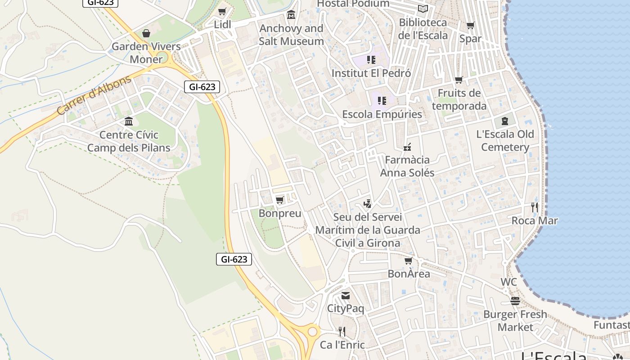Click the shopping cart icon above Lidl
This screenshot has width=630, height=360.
click(x=222, y=11)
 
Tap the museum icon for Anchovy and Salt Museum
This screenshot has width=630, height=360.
click(x=291, y=15)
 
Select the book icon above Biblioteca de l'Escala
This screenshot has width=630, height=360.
click(x=423, y=9)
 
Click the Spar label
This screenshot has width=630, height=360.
click(x=470, y=39)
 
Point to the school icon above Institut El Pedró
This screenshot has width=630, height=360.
click(x=371, y=59)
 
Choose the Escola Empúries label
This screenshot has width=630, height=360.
click(x=382, y=114)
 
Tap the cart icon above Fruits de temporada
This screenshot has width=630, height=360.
click(x=459, y=80)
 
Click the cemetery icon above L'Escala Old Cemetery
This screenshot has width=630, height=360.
click(x=505, y=121)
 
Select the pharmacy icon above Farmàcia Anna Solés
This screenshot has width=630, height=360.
click(x=407, y=147)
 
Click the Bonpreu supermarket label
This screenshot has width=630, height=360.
click(x=280, y=213)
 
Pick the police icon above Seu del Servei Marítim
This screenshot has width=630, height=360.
click(x=368, y=204)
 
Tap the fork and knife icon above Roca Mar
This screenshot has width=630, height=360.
click(x=535, y=207)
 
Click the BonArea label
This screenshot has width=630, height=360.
click(x=409, y=274)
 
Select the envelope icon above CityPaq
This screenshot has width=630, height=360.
click(x=346, y=296)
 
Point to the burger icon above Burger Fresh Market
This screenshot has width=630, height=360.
click(x=515, y=301)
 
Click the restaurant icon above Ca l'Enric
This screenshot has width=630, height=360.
click(x=342, y=332)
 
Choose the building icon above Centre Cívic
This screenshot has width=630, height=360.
click(x=129, y=121)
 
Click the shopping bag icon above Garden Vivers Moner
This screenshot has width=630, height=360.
click(x=146, y=33)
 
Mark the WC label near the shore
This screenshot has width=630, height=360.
click(x=508, y=282)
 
